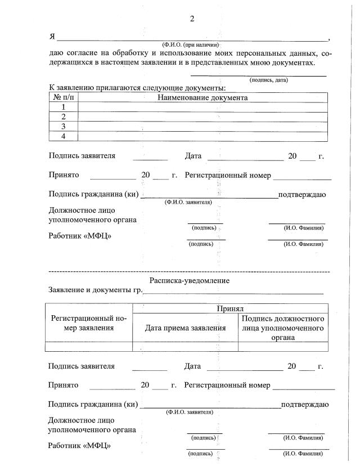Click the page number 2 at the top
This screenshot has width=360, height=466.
192,19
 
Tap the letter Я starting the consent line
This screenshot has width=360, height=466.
52,37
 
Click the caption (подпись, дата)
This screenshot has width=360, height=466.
268,80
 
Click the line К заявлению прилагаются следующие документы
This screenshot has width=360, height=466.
137,88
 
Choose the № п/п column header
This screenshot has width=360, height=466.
63,97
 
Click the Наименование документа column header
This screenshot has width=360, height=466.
202,97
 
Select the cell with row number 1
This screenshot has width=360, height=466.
64,107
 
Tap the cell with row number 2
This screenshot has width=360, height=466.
64,116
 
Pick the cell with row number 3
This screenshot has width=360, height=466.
64,126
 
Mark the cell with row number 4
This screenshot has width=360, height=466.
64,136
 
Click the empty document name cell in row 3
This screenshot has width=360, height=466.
202,126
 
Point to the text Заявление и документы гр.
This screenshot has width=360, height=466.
95,291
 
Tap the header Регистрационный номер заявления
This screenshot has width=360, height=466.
89,323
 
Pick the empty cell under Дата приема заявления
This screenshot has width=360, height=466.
185,347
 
